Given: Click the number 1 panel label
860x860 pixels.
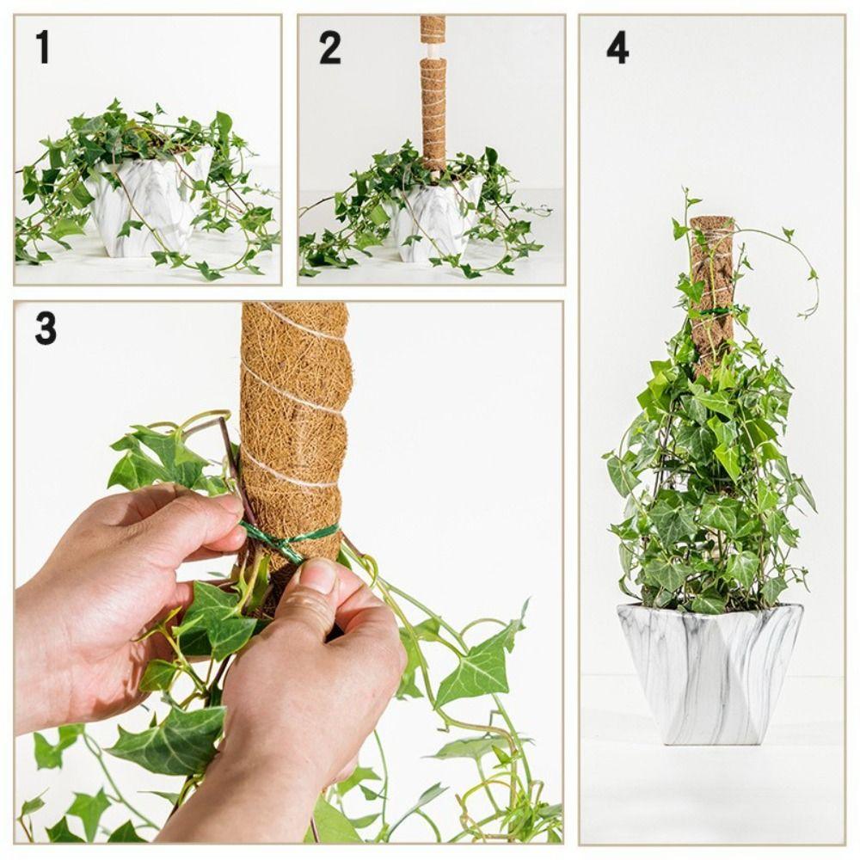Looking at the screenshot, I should tap(42, 46).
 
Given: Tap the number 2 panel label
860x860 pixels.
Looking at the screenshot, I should tap(329, 47).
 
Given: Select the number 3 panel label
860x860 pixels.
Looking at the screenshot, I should tap(46, 329).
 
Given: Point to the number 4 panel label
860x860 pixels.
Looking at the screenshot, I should tap(617, 47).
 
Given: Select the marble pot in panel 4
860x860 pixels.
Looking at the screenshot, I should tap(709, 671).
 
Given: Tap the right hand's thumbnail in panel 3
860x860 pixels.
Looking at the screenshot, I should tap(317, 574).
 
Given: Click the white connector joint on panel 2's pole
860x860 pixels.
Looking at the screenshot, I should tap(433, 51).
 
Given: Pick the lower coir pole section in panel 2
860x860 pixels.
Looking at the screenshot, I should tap(433, 112).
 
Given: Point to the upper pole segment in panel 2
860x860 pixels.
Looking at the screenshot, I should tap(433, 28).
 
